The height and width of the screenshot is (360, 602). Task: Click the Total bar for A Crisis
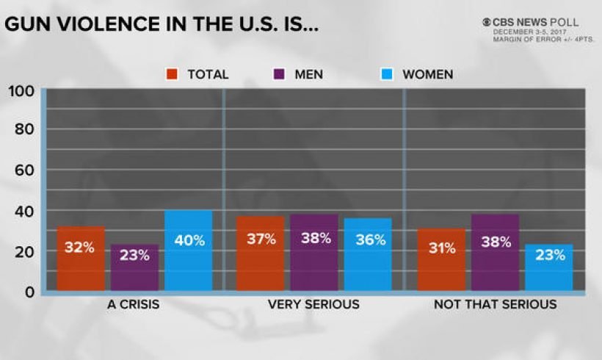(80, 258)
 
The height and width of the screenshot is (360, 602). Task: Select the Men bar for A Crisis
(134, 267)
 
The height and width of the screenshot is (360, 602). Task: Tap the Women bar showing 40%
(188, 251)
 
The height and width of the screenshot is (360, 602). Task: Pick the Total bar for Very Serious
(260, 253)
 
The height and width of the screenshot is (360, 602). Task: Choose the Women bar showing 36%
(368, 254)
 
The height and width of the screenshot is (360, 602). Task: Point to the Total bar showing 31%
(441, 259)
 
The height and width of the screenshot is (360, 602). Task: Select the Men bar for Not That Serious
(495, 252)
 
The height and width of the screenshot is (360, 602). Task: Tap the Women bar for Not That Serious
(548, 267)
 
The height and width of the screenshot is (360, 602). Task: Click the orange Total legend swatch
(173, 74)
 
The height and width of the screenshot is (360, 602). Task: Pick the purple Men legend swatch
(280, 74)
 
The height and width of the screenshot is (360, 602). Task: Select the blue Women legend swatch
(388, 74)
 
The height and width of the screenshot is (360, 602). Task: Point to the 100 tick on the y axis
(21, 91)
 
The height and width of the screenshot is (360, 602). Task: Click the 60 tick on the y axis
(25, 170)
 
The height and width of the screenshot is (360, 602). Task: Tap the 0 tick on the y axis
(30, 292)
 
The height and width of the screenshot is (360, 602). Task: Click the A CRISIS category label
(134, 304)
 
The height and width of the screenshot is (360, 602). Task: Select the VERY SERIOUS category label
(313, 304)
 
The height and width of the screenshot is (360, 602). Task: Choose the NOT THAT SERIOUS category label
(495, 304)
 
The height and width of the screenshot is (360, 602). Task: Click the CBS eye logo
(486, 22)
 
